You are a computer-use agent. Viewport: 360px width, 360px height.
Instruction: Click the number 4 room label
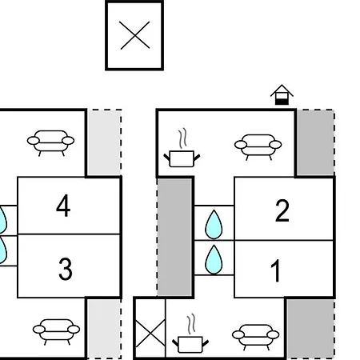point(63,206)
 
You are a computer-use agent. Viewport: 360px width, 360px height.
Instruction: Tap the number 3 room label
point(66,269)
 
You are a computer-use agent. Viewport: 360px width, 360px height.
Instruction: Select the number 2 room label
point(282,210)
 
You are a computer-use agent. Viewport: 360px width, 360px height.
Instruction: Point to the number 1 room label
point(275,270)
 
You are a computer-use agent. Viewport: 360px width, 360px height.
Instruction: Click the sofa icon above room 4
point(50,143)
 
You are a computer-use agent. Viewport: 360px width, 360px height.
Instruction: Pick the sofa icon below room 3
point(56,332)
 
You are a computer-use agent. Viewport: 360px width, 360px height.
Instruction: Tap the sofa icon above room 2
point(258,147)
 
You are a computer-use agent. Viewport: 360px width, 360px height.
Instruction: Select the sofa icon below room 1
point(256,337)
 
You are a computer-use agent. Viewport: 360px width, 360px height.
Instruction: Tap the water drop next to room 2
point(214,225)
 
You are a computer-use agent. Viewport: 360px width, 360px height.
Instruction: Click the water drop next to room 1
point(214,260)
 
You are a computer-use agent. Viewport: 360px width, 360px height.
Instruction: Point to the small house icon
point(282,95)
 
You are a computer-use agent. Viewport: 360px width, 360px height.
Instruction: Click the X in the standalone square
point(134,35)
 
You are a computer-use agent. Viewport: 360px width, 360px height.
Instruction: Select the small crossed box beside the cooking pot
point(150,328)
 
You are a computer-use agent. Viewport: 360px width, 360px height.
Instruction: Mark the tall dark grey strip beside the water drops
point(174,237)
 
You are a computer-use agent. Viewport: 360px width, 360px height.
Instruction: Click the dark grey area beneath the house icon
point(316,142)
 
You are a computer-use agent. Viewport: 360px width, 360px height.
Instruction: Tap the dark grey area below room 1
point(311,328)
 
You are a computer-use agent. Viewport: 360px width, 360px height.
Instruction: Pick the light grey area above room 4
point(105,142)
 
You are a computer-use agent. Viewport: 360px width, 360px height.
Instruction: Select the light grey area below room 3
point(105,329)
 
